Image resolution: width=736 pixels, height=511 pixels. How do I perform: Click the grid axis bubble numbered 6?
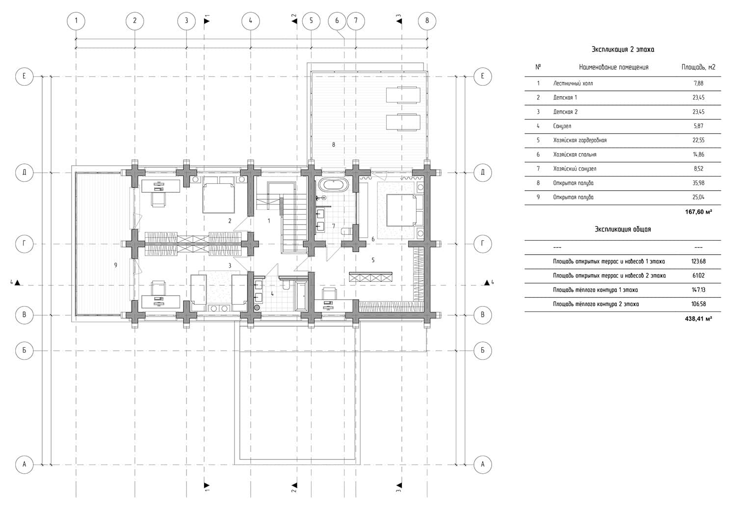[337, 21]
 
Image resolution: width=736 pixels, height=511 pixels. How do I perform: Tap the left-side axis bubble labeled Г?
[25, 244]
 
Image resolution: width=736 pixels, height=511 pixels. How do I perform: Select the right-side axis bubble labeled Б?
[482, 351]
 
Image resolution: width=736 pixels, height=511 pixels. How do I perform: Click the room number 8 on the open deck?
[334, 145]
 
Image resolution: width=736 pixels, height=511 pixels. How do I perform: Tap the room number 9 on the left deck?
[116, 265]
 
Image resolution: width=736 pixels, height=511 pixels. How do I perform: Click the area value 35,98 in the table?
[698, 183]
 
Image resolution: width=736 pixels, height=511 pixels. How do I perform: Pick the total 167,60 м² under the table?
[698, 212]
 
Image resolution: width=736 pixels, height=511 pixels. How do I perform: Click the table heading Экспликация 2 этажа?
[623, 50]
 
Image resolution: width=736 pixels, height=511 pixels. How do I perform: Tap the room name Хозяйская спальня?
[575, 154]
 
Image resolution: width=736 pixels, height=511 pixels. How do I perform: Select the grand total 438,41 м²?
[698, 319]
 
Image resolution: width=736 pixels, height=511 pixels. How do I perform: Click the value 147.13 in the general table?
[698, 290]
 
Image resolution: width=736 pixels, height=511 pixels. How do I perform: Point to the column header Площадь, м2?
[698, 67]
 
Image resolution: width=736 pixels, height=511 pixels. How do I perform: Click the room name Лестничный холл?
[573, 83]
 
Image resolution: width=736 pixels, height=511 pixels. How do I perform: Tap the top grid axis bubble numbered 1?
[76, 21]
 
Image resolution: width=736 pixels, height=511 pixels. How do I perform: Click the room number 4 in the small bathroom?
[272, 294]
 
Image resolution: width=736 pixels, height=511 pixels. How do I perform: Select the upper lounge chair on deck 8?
[403, 95]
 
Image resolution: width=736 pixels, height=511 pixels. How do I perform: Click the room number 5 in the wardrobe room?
[373, 260]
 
